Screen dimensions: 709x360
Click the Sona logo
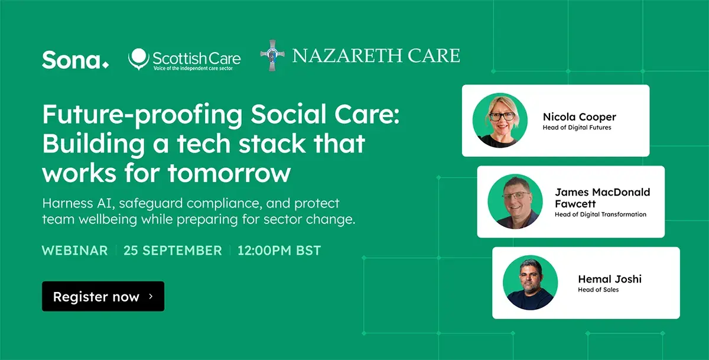76,60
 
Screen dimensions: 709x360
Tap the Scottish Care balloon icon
139,59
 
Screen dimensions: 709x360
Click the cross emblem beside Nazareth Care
272,56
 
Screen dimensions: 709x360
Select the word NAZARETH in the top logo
346,56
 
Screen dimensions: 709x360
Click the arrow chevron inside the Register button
151,296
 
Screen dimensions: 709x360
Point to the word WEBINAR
74,251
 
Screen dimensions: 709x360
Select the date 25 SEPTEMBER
173,251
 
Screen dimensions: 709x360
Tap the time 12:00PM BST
279,251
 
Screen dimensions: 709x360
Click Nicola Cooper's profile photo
500,121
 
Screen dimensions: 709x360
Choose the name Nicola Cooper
579,117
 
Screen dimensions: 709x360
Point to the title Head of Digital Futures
577,128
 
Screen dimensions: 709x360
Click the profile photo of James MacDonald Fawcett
515,202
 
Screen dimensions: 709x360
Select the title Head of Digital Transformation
600,215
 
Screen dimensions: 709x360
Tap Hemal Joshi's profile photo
531,283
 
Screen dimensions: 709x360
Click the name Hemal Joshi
610,279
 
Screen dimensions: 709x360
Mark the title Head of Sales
598,290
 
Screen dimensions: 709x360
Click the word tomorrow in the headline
229,173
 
